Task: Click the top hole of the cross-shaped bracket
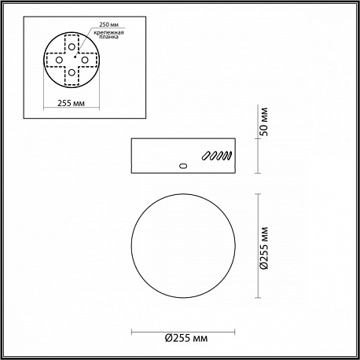point(72,47)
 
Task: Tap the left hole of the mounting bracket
point(59,60)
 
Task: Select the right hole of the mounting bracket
point(85,60)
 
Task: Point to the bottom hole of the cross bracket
point(72,72)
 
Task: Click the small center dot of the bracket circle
point(75,56)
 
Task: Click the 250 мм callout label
point(109,24)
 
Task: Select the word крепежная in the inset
point(109,33)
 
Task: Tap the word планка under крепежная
point(109,37)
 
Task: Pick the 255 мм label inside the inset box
point(72,103)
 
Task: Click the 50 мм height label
point(265,122)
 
